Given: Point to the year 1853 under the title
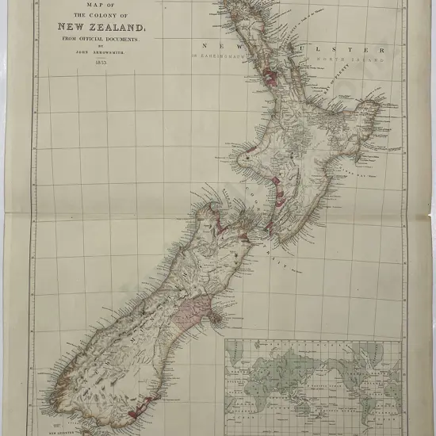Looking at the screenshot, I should (x=94, y=60).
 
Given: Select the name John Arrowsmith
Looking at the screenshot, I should (x=94, y=50).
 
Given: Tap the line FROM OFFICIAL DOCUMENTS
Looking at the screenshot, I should (x=94, y=36).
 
